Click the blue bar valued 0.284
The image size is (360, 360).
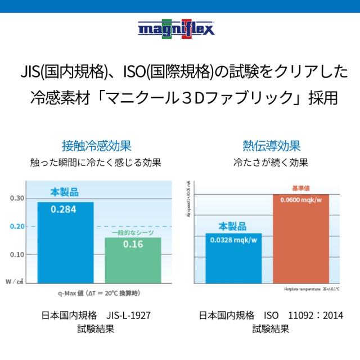pyautogui.click(x=65, y=242)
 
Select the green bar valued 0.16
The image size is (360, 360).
pyautogui.click(x=132, y=259)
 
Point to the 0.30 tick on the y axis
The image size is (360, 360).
pyautogui.click(x=17, y=198)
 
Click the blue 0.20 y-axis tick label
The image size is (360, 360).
pyautogui.click(x=17, y=226)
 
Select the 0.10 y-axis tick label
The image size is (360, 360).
pyautogui.click(x=17, y=254)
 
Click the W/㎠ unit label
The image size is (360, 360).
pyautogui.click(x=15, y=281)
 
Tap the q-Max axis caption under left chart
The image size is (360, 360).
pyautogui.click(x=98, y=292)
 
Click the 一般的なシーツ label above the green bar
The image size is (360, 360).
pyautogui.click(x=133, y=232)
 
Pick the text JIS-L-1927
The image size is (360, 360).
pyautogui.click(x=128, y=315)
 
